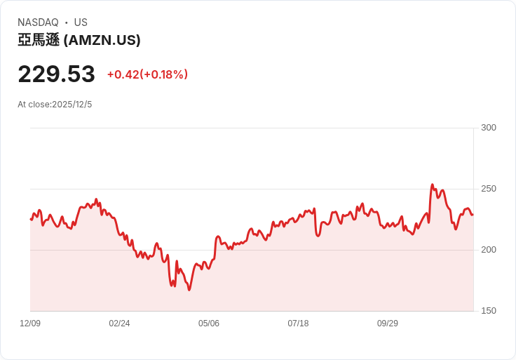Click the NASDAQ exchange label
point(38,22)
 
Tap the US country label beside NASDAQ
point(81,22)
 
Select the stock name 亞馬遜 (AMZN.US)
point(79,41)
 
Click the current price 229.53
point(56,74)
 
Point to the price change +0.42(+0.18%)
point(147,74)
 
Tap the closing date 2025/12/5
point(72,105)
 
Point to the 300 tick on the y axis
point(489,128)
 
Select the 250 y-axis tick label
point(489,189)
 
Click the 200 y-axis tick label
point(489,250)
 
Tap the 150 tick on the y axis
point(489,311)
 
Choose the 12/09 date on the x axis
point(30,324)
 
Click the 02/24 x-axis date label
point(119,324)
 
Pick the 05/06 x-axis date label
point(209,324)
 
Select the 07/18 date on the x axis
point(298,324)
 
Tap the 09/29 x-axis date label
point(388,324)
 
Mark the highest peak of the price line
point(433,185)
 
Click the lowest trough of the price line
point(189,290)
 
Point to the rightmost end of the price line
point(473,214)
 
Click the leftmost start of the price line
point(30,219)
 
